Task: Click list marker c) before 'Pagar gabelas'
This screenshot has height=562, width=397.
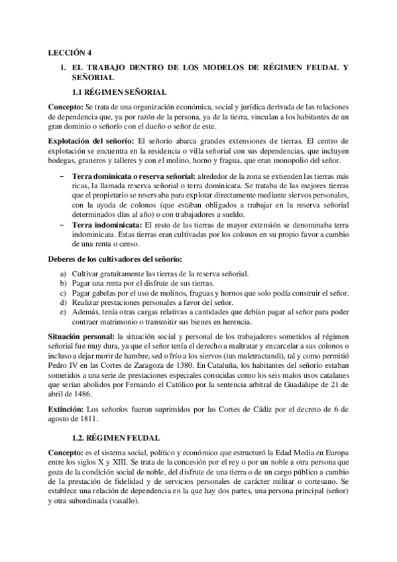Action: pos(63,293)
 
